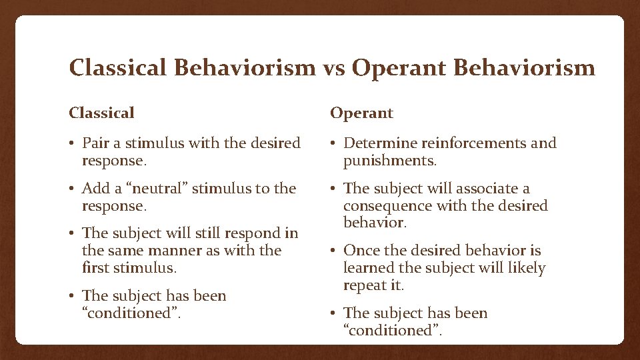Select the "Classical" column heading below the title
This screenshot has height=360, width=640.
coord(101,113)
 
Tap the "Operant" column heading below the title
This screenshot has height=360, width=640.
coord(361,113)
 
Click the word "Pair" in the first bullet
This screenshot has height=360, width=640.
coord(95,143)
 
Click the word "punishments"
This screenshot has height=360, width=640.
coord(389,161)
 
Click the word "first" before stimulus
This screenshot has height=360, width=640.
coord(94,268)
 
